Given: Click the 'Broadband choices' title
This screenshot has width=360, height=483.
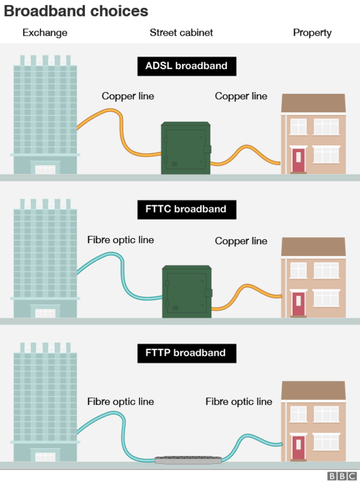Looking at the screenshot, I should (76, 11).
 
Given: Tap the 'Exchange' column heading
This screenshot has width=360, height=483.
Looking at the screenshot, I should (45, 33).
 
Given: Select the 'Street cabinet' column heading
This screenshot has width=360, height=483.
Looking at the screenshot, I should (181, 33).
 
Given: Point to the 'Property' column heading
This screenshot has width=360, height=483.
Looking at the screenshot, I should (312, 33).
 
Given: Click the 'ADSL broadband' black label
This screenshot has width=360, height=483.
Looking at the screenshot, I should (186, 66).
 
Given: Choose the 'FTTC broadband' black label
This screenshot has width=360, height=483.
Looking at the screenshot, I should (186, 209).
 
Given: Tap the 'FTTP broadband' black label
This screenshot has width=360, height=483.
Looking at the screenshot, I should (186, 352).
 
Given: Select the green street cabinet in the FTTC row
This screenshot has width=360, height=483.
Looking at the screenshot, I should (186, 291).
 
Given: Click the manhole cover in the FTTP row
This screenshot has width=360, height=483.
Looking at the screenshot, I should (188, 460).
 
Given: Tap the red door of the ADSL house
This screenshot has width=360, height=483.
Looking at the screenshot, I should (298, 160).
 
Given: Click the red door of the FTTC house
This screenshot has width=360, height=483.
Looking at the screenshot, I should (298, 304).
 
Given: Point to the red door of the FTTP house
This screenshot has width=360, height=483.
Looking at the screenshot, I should (298, 447).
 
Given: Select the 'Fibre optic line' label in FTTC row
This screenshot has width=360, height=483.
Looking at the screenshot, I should (121, 240).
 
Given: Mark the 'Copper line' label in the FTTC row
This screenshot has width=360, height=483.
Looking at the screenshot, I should (241, 240).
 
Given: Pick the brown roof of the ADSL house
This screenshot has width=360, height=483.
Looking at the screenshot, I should (313, 103).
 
